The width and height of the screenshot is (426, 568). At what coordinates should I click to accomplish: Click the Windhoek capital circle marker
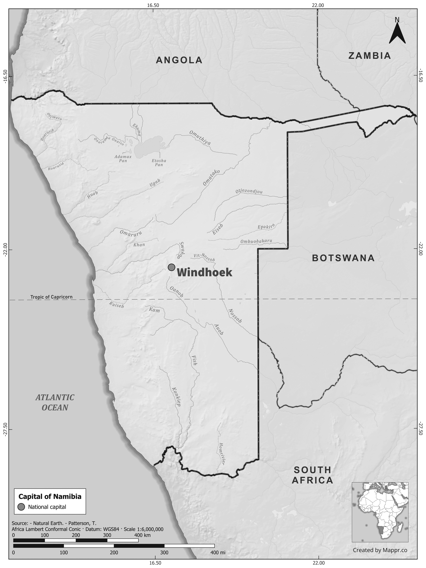point(171,267)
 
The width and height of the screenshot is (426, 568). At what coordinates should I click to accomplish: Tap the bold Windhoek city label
point(205,273)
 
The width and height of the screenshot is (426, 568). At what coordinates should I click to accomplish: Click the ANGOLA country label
point(179,60)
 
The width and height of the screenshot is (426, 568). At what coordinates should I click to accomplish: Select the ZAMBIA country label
point(369,56)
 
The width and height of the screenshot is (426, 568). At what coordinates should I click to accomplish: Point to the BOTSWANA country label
point(343,258)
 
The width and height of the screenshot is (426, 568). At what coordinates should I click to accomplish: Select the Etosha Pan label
point(159,162)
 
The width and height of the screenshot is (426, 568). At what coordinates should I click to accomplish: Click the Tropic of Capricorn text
point(51,297)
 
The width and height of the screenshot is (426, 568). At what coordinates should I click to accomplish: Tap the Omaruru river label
point(131,233)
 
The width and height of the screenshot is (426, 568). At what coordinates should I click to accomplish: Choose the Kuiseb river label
point(116,305)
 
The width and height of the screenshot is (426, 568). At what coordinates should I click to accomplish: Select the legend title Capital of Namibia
point(50,497)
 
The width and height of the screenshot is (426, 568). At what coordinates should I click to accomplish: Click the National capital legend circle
point(22,507)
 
